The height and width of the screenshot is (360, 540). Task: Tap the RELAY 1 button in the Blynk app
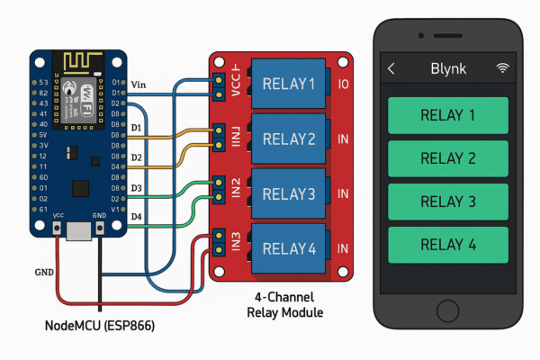[x=447, y=114]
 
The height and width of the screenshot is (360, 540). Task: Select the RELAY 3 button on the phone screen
[x=447, y=201]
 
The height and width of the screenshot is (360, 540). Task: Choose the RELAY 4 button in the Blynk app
[x=447, y=244]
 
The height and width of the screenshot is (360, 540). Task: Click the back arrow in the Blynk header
[x=391, y=69]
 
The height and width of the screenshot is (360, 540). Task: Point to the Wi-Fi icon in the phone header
[x=502, y=69]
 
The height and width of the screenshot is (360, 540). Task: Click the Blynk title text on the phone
[x=447, y=69]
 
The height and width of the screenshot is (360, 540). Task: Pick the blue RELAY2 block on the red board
[x=289, y=139]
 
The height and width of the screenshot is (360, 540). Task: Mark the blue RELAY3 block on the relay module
[x=289, y=193]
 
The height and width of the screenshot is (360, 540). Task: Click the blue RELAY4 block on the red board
[x=289, y=247]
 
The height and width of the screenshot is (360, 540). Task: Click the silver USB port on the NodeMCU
[x=79, y=232]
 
